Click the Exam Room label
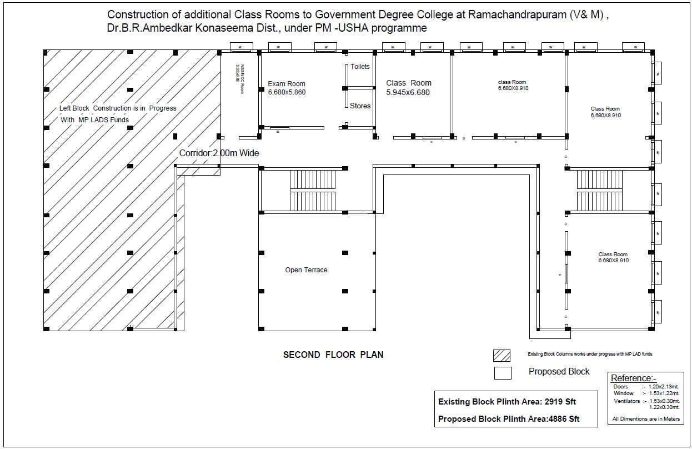(x=287, y=84)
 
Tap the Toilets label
(x=360, y=67)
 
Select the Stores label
(x=360, y=106)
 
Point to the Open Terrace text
(x=306, y=270)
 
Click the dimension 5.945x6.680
(x=408, y=93)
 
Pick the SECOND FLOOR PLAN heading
(x=333, y=355)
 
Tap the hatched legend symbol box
(x=502, y=356)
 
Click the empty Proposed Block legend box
(x=503, y=373)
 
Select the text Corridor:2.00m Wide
(x=219, y=153)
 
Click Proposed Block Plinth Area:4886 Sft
(x=508, y=419)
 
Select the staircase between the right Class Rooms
(x=600, y=189)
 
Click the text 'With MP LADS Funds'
(x=95, y=119)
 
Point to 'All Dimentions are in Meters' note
(x=646, y=419)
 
